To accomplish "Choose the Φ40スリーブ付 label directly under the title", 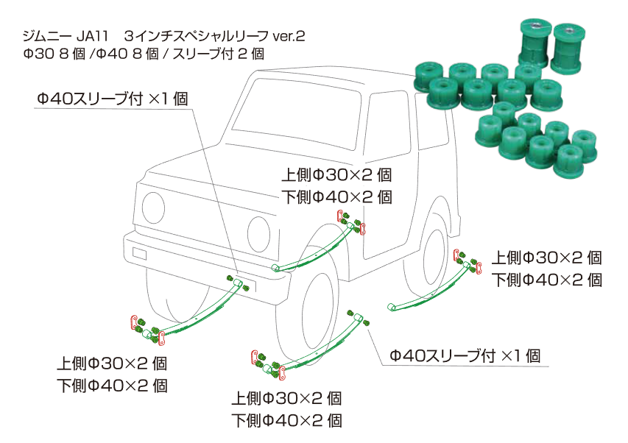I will pos(110,99).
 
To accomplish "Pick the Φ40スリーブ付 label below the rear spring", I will pos(465,356).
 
